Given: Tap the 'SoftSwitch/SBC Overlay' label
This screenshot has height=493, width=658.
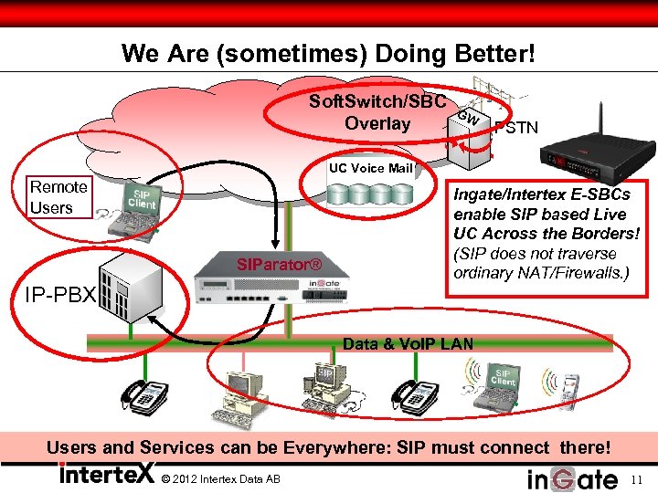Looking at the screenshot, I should [x=377, y=111].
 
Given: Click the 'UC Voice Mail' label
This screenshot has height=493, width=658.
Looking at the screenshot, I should [x=371, y=168].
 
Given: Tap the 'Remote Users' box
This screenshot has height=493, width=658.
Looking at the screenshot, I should [x=58, y=197].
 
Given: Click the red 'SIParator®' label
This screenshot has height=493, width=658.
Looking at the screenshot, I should [x=280, y=265].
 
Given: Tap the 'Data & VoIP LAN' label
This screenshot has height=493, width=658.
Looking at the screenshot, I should [x=408, y=343].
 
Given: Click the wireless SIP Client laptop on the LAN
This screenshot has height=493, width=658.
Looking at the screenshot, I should [x=498, y=384].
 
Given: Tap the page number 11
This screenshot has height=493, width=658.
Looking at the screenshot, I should [x=637, y=478].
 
